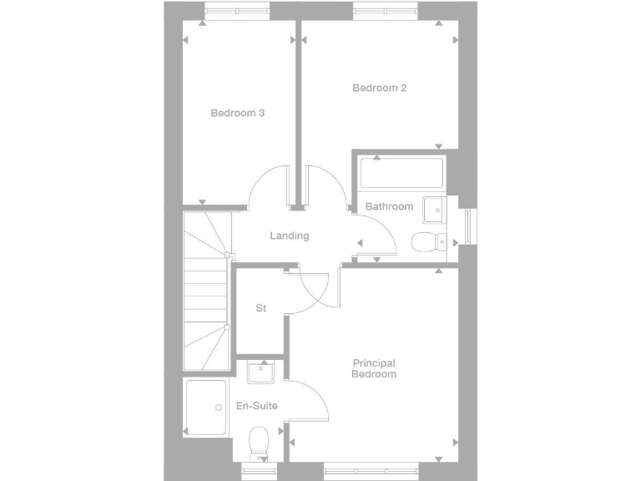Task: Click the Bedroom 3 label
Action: [x=238, y=113]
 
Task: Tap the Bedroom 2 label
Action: [x=380, y=88]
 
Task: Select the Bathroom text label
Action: [x=389, y=206]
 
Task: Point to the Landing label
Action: [x=290, y=235]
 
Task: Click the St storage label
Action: [x=260, y=309]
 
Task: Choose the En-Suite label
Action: [x=257, y=406]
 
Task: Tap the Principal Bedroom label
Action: [x=373, y=368]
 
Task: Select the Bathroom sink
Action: [x=434, y=210]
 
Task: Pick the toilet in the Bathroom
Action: [x=430, y=241]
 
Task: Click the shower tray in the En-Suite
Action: [x=206, y=408]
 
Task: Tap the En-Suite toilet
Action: [x=259, y=442]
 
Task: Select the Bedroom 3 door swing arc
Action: [x=269, y=185]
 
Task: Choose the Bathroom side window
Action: [x=469, y=225]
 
